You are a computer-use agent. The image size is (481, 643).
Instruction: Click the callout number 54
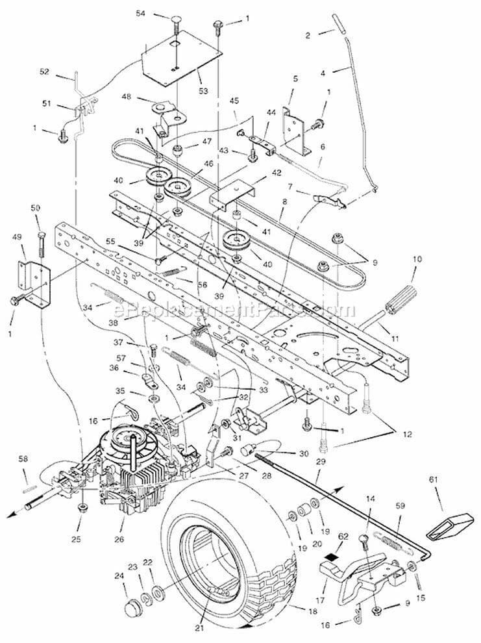[141, 13]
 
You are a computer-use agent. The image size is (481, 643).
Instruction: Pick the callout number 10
[417, 258]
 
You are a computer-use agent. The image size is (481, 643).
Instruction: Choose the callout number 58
[23, 459]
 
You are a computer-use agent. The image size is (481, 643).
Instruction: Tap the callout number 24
[119, 575]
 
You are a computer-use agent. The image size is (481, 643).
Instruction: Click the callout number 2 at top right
[308, 34]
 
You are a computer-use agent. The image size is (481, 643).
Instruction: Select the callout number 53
[204, 91]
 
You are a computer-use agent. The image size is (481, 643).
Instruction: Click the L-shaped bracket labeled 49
[33, 281]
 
